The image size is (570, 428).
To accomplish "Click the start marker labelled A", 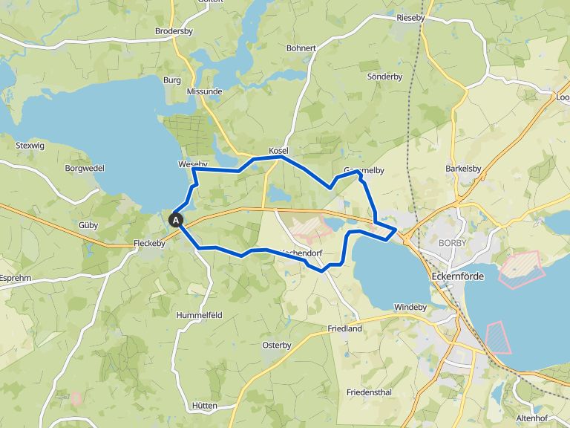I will [x=176, y=220].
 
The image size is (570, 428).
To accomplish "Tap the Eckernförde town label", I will [x=456, y=276].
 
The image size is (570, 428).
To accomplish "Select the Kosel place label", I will [x=278, y=151].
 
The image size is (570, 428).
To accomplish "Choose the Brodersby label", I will [x=174, y=31].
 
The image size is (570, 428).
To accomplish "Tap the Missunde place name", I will [x=205, y=91].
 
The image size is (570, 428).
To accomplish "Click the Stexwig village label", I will [x=30, y=146].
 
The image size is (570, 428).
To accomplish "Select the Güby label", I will [x=88, y=224].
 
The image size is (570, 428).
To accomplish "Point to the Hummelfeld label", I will [x=199, y=315].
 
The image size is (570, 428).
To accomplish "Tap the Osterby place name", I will [x=277, y=345].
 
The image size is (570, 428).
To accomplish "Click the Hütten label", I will [x=203, y=406].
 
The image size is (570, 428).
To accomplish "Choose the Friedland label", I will [x=344, y=328].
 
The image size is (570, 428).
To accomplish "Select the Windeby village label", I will [x=410, y=307].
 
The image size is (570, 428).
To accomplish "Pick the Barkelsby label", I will [x=463, y=169].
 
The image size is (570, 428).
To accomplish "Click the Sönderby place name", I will [x=384, y=77].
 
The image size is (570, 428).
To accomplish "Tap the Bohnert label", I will [x=301, y=48].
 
